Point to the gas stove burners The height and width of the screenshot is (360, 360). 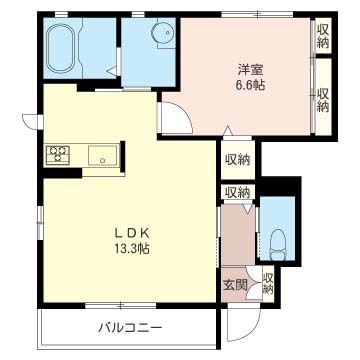coord(58,154)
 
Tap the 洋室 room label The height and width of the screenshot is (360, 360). coord(249,69)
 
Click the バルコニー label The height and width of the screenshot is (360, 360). coord(127,326)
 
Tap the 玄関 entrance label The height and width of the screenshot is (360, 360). coord(232,284)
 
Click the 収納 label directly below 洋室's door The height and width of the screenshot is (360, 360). coord(237,160)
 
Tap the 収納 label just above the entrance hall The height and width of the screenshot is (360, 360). coord(237,192)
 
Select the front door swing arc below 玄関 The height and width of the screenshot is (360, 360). coord(240,318)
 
